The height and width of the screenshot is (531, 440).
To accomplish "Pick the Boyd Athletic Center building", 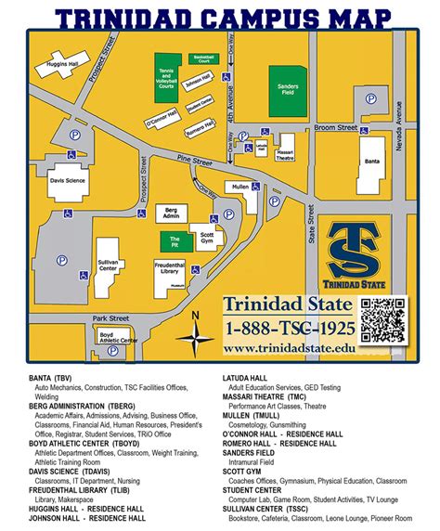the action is (x=118, y=341).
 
